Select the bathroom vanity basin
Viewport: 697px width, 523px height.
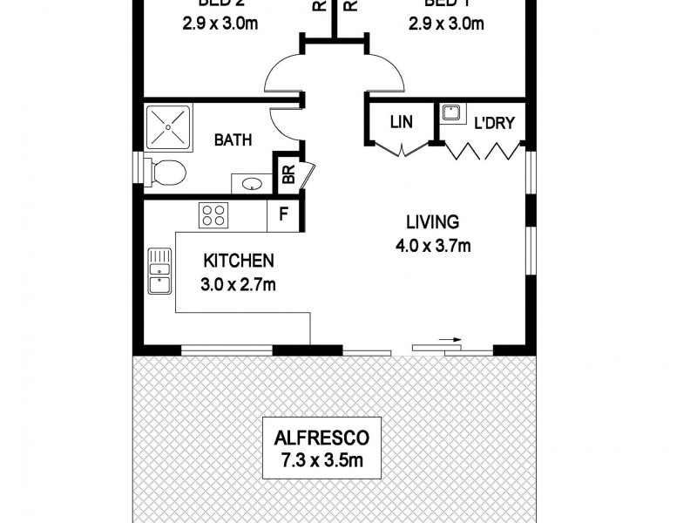pyautogui.click(x=252, y=184)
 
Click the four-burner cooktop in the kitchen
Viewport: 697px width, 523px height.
pyautogui.click(x=213, y=215)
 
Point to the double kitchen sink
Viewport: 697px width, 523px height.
pyautogui.click(x=159, y=270)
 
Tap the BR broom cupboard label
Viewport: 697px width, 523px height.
pyautogui.click(x=287, y=174)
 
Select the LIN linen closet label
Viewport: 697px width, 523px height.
pyautogui.click(x=401, y=122)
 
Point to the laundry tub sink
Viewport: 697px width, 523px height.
pyautogui.click(x=450, y=113)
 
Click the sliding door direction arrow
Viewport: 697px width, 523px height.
pyautogui.click(x=449, y=341)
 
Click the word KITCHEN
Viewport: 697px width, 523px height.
pyautogui.click(x=239, y=261)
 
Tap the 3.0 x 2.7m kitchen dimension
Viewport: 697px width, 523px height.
pyautogui.click(x=239, y=282)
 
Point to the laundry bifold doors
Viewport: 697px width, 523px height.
pyautogui.click(x=484, y=152)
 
